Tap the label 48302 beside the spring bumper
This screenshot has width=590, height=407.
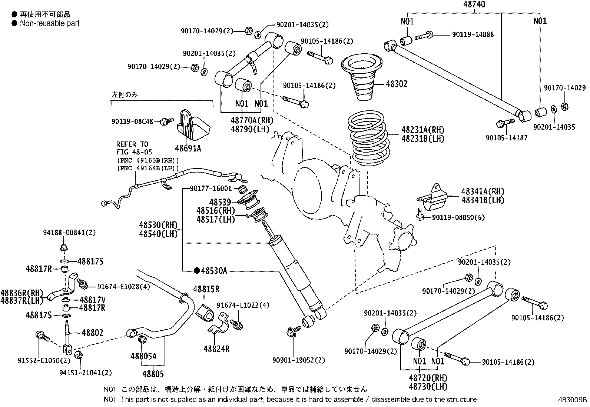[397, 84]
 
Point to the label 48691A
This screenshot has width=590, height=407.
[188, 148]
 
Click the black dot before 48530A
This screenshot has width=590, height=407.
[197, 271]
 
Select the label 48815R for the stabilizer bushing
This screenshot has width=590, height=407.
[206, 289]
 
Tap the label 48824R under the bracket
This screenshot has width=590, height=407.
[216, 348]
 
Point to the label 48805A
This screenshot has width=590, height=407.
[143, 356]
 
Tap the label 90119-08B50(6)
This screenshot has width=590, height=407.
[458, 217]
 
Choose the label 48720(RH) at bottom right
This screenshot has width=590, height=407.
[428, 378]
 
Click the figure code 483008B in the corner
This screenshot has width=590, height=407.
[573, 400]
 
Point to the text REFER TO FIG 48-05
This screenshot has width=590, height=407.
[133, 148]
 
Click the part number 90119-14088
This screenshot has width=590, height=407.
[473, 34]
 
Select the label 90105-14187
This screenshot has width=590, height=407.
[506, 137]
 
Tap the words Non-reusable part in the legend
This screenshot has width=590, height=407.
[50, 23]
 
